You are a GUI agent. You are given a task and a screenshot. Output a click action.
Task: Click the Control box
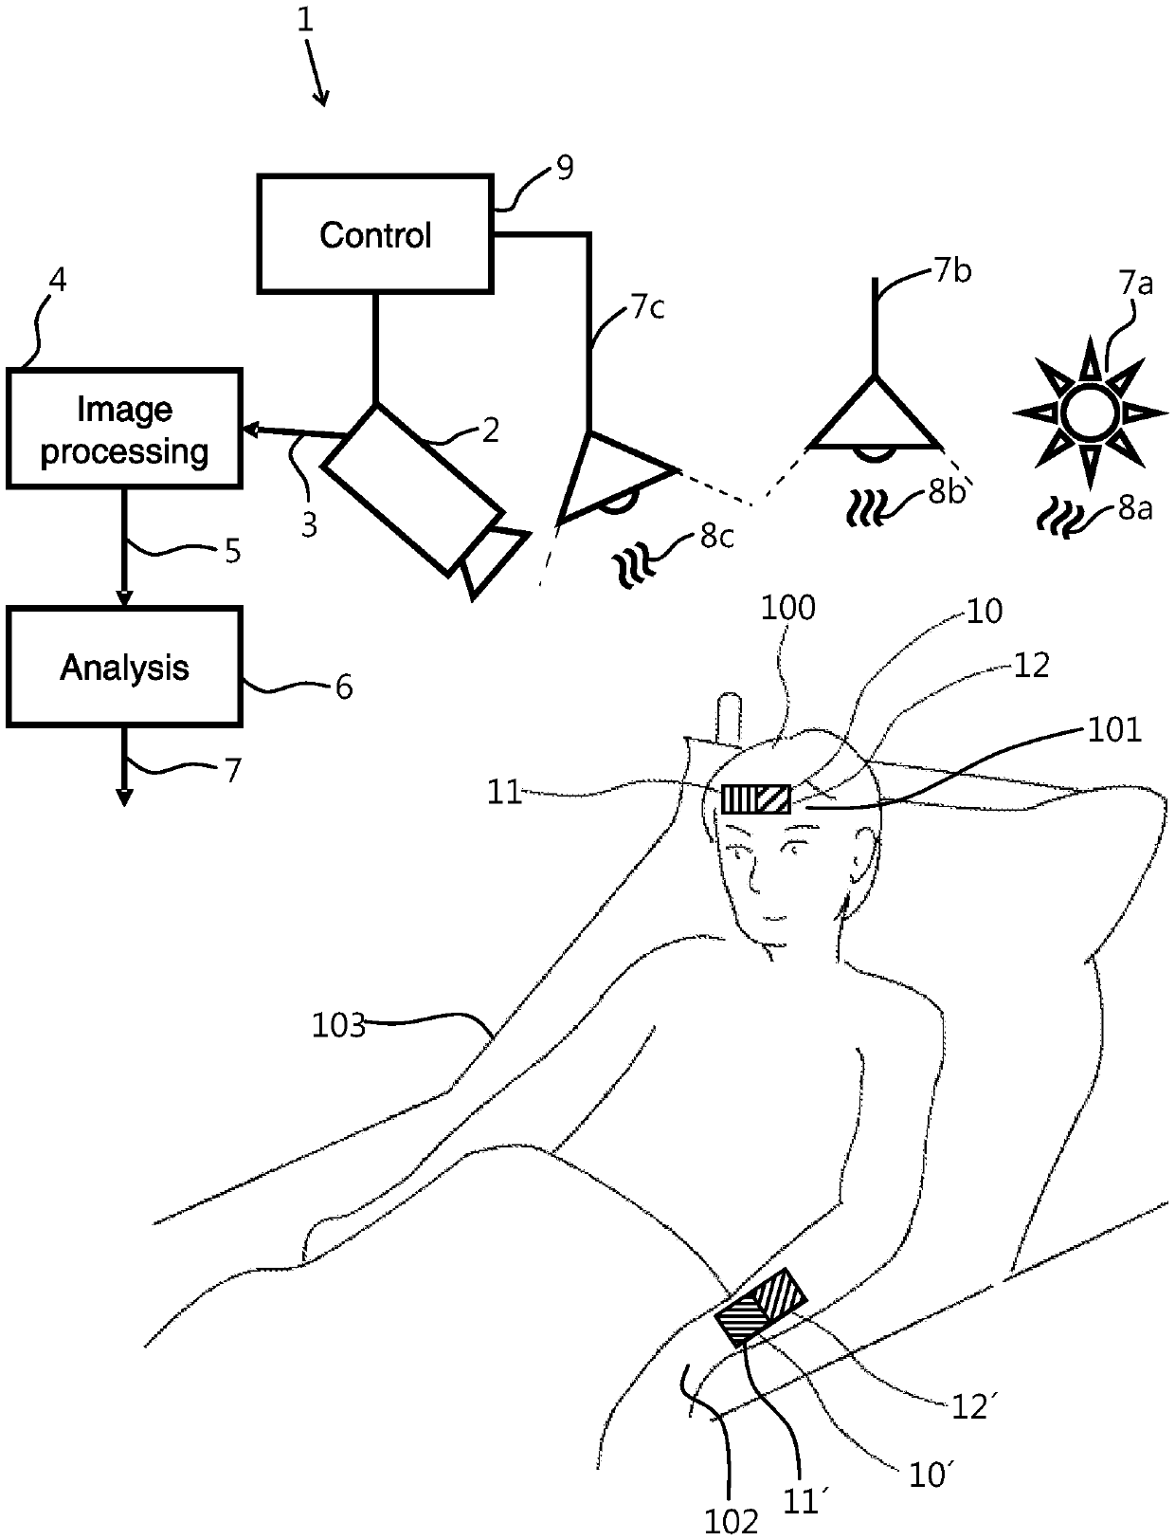(375, 234)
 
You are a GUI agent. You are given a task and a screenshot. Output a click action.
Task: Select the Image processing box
(124, 430)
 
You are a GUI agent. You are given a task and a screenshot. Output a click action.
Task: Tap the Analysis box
(124, 669)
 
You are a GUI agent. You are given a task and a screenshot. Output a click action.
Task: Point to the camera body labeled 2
(412, 490)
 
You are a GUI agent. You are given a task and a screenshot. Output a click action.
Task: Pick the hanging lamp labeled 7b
(874, 417)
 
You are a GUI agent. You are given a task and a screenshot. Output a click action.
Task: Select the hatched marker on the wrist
(761, 1307)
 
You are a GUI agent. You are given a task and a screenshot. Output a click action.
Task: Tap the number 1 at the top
(304, 21)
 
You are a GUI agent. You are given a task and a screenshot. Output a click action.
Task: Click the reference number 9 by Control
(564, 169)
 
